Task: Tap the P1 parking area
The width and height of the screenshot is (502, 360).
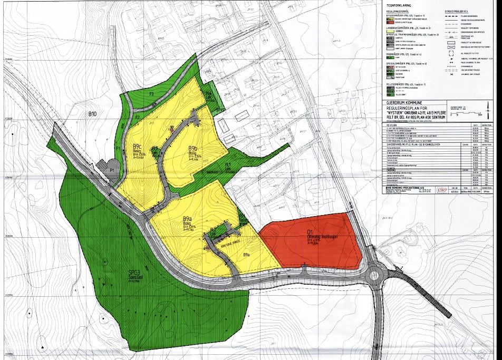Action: click(112, 171)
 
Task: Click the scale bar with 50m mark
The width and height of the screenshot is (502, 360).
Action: click(464, 112)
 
